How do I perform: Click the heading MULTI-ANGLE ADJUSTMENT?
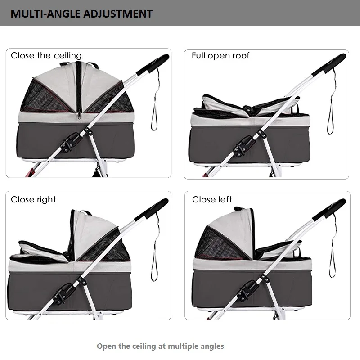click(81, 13)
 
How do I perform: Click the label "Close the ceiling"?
click(46, 56)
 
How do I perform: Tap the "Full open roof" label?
click(220, 56)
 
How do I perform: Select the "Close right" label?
click(34, 199)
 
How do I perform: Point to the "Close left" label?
click(212, 199)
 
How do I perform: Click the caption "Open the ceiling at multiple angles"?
click(161, 346)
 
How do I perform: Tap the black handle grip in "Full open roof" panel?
click(331, 63)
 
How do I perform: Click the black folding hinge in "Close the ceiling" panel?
click(71, 144)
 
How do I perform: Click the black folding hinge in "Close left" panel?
click(249, 288)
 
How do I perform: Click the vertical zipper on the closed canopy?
click(79, 90)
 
